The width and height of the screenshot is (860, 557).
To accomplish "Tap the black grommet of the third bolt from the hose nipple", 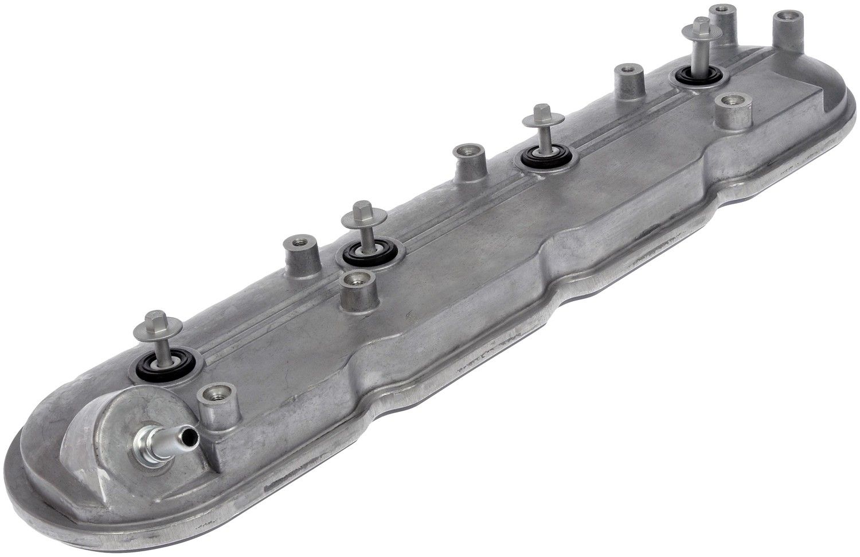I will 546,155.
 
